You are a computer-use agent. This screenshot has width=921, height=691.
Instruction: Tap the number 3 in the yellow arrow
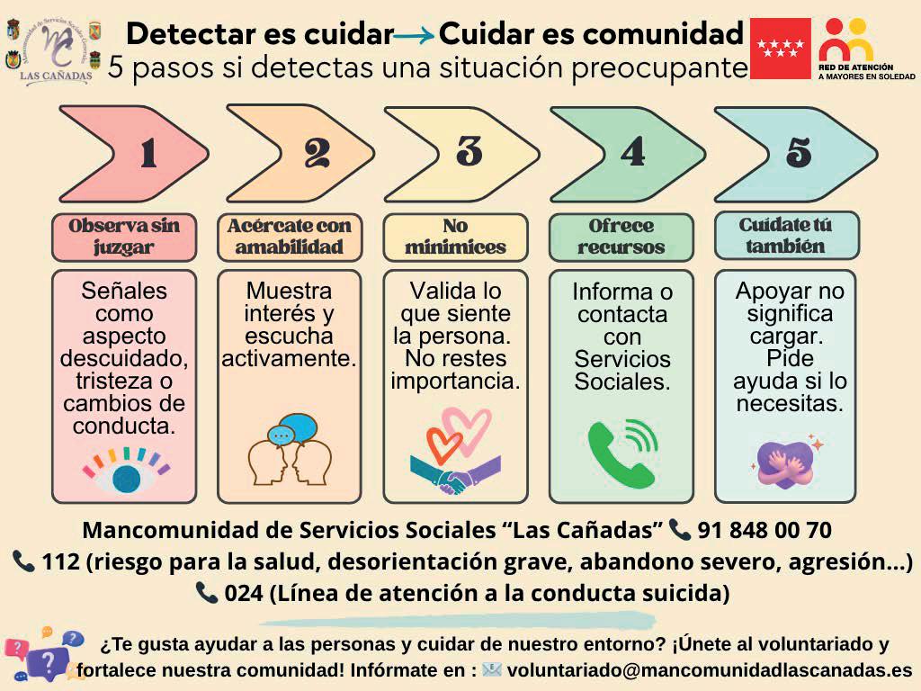[x=469, y=151]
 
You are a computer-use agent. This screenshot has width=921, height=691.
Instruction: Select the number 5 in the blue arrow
[x=798, y=152]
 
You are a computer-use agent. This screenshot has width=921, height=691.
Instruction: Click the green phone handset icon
[x=621, y=453]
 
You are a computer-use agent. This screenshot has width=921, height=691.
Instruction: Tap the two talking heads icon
[x=290, y=452]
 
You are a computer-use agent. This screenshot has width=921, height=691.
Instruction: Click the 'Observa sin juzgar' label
[x=124, y=237]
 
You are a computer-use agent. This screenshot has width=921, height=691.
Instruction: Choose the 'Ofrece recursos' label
[x=621, y=237]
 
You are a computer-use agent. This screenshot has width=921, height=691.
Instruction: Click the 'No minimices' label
[x=455, y=237]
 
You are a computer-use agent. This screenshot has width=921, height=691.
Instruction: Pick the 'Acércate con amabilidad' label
[x=290, y=237]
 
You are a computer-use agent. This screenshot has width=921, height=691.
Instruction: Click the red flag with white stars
[x=781, y=49]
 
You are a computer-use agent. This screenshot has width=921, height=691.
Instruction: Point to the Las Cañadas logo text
[x=56, y=77]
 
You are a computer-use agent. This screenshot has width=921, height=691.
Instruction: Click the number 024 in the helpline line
[x=243, y=594]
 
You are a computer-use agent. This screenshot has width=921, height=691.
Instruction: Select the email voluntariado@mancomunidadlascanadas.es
[x=710, y=671]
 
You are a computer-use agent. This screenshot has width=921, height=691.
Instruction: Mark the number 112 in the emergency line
[x=62, y=562]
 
